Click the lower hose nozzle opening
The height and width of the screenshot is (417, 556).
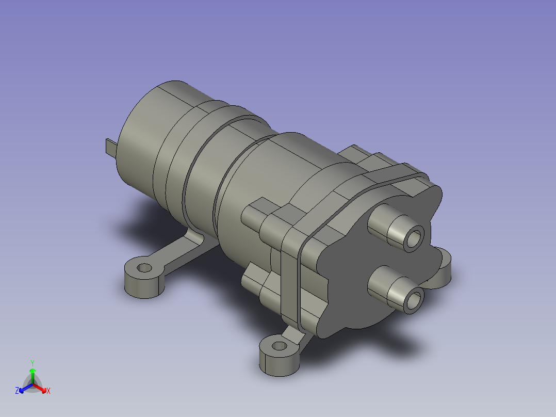(414, 301)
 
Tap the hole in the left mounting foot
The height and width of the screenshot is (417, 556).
(144, 267)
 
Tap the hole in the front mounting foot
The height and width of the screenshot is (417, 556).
(279, 346)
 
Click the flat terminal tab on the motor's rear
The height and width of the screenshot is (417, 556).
(111, 147)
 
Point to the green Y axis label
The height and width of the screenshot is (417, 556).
(32, 363)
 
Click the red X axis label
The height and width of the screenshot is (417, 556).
(48, 391)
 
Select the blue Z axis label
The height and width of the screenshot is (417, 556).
(17, 391)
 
